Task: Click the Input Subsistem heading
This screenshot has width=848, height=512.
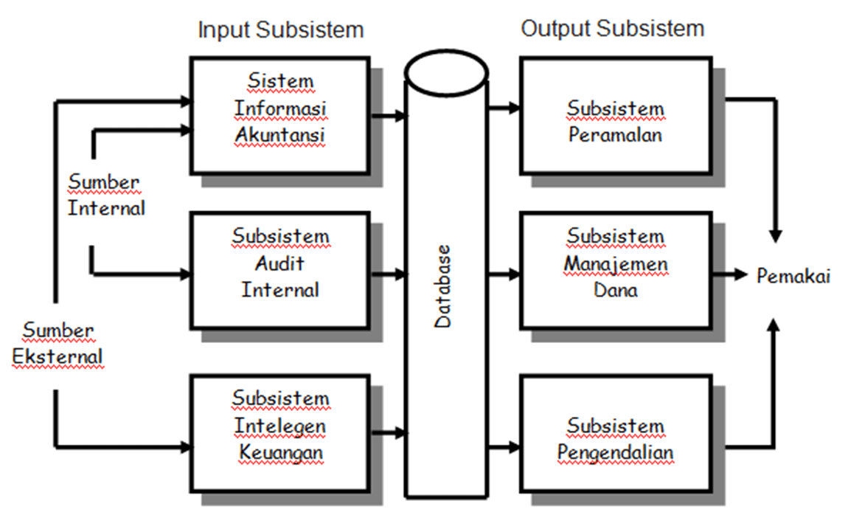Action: pyautogui.click(x=280, y=30)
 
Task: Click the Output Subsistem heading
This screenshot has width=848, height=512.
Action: pyautogui.click(x=612, y=29)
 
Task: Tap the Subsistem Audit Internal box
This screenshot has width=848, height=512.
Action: pyautogui.click(x=279, y=270)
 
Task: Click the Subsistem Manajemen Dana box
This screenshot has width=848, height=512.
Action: pyautogui.click(x=615, y=270)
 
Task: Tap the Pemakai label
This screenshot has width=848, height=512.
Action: pyautogui.click(x=793, y=277)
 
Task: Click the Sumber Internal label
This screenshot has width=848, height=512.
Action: pyautogui.click(x=106, y=195)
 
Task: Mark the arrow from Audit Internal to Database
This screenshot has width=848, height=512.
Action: pyautogui.click(x=389, y=275)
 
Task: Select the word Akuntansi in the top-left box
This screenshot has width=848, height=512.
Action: pyautogui.click(x=280, y=136)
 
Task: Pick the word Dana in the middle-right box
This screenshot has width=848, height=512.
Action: pyautogui.click(x=615, y=290)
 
